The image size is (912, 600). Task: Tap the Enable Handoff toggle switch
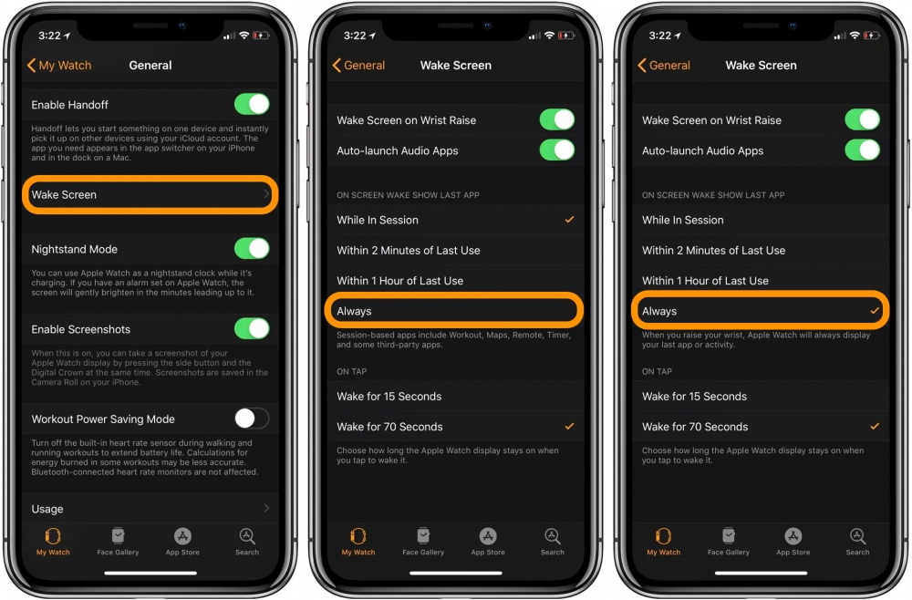tap(252, 104)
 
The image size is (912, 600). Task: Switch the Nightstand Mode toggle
tap(252, 248)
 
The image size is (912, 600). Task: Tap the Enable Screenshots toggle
tap(252, 328)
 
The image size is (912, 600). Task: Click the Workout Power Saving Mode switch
tap(252, 419)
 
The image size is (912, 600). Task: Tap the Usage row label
tap(47, 509)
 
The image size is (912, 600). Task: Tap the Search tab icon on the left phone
tap(247, 537)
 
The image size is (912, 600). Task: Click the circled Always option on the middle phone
tap(454, 311)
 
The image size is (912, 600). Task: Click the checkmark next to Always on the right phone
tap(875, 311)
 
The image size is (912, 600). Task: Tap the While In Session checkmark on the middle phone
tap(569, 220)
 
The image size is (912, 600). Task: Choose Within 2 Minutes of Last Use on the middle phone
tap(409, 250)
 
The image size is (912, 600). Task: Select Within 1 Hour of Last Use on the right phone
tap(705, 281)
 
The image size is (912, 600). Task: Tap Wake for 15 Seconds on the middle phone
tap(389, 396)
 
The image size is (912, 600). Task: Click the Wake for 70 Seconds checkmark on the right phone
tap(875, 426)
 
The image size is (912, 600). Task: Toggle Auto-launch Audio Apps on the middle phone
tap(557, 150)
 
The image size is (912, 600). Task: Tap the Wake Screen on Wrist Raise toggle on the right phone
tap(862, 119)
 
